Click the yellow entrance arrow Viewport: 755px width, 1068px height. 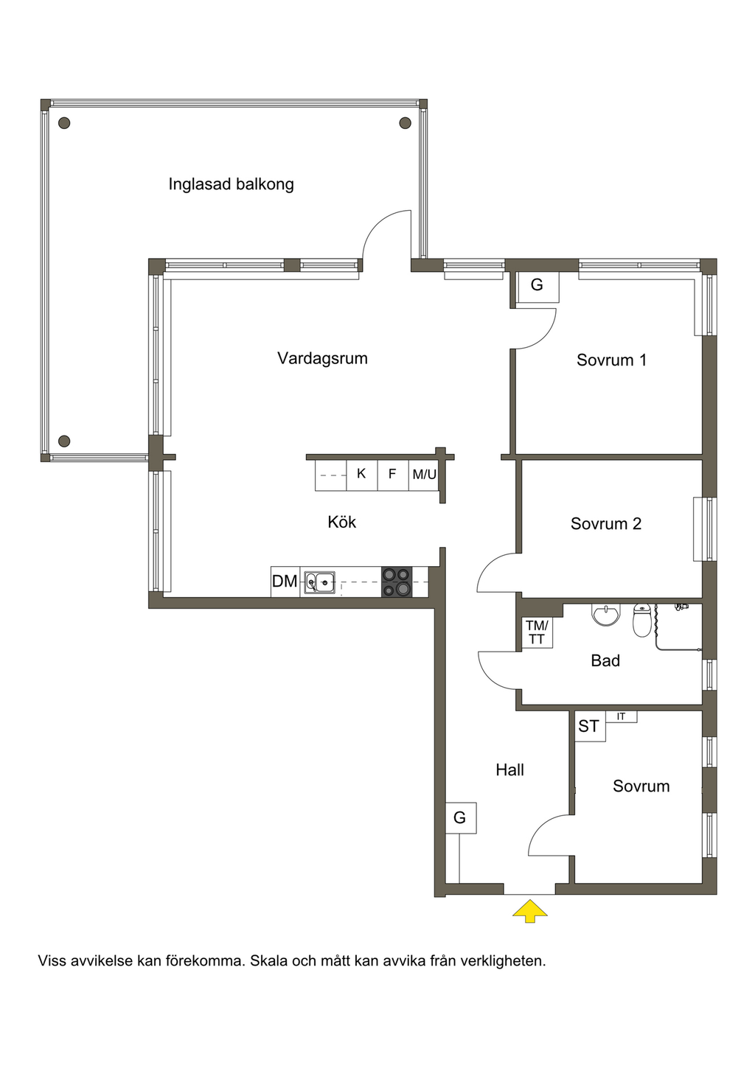530,911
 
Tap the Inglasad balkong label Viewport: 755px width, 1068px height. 232,184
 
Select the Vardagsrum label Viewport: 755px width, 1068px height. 322,358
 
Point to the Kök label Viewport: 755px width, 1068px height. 342,522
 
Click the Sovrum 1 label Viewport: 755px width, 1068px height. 611,360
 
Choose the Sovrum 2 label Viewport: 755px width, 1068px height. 606,523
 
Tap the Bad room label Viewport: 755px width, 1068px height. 605,660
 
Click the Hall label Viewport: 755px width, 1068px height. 510,769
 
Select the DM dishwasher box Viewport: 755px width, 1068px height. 285,582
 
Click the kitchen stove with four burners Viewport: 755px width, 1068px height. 397,582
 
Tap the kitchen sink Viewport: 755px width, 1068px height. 320,582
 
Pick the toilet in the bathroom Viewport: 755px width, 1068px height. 642,620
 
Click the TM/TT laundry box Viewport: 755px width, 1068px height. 537,632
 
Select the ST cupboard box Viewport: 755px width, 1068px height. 590,726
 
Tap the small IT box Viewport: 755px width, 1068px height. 621,716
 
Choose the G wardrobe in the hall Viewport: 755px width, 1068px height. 460,817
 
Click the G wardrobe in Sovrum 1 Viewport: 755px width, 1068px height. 537,285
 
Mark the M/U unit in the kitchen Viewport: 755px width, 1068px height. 424,475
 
